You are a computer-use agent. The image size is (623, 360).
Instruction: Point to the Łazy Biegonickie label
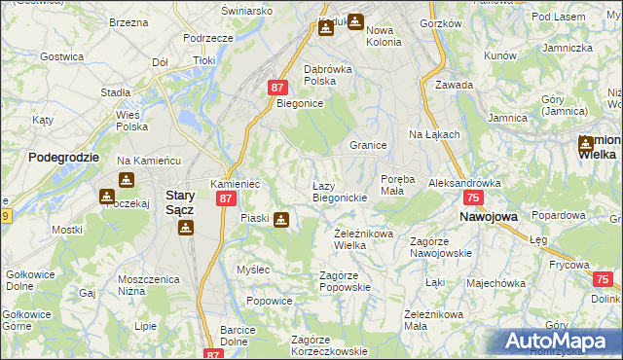[x=339, y=191]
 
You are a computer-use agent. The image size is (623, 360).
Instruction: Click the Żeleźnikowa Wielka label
[x=363, y=239]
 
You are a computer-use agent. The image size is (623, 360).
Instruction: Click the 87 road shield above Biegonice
[x=277, y=88]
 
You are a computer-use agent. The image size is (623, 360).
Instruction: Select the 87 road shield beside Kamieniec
[x=225, y=198]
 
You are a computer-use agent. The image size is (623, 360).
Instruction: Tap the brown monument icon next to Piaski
[x=281, y=220]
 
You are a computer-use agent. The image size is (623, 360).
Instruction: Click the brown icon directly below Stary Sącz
[x=185, y=228]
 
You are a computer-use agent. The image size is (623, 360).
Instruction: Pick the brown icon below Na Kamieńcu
[x=127, y=180]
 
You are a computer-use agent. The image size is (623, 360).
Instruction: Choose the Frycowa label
[x=569, y=265]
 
